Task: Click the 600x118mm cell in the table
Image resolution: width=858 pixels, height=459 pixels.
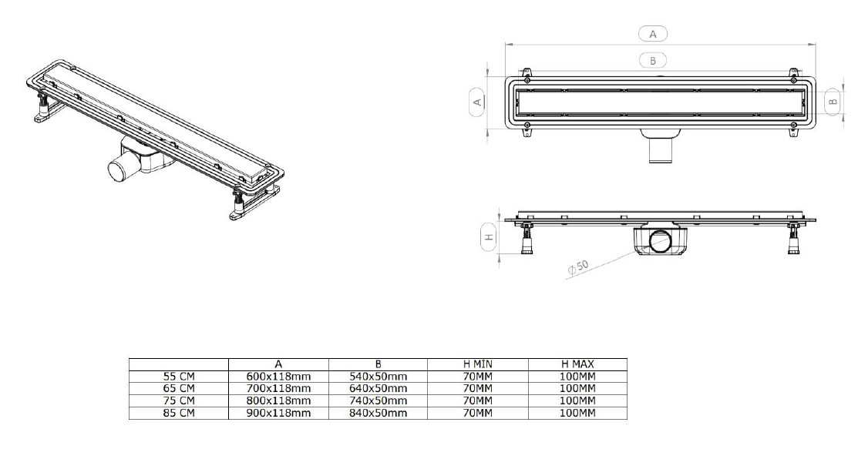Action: (x=278, y=376)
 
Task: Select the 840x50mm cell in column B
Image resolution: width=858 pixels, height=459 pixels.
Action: (x=379, y=414)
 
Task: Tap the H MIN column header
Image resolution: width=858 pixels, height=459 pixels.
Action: (x=478, y=364)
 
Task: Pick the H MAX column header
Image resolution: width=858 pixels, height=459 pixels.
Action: (x=577, y=364)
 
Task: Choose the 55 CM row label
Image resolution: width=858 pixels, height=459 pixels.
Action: (x=178, y=376)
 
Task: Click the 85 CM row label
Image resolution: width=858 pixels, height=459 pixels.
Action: (x=178, y=414)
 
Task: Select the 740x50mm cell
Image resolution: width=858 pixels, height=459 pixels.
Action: (x=379, y=401)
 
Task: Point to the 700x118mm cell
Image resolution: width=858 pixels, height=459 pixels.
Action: (x=278, y=389)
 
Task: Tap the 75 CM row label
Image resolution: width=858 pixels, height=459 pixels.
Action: (x=178, y=401)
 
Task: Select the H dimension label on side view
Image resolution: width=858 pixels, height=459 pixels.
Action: (x=488, y=238)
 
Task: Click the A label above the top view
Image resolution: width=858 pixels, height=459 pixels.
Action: (x=653, y=33)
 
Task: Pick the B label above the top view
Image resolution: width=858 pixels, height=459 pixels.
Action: (x=653, y=59)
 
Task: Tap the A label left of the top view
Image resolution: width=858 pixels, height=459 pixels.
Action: (x=476, y=101)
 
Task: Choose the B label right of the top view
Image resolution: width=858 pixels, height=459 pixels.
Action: (x=832, y=100)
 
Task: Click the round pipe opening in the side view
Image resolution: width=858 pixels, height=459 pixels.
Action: (x=660, y=243)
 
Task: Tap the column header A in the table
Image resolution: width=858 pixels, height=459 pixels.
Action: (x=278, y=364)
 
